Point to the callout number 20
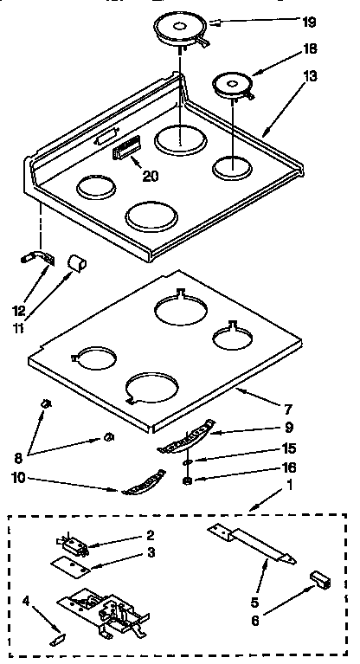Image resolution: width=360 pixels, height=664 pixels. [x=151, y=176]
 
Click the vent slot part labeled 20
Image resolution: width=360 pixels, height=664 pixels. [x=126, y=151]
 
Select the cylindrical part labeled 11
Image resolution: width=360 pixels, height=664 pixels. [x=77, y=260]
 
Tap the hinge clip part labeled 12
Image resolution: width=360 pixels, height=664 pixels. [x=37, y=257]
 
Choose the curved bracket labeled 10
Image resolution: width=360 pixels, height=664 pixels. [x=144, y=483]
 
